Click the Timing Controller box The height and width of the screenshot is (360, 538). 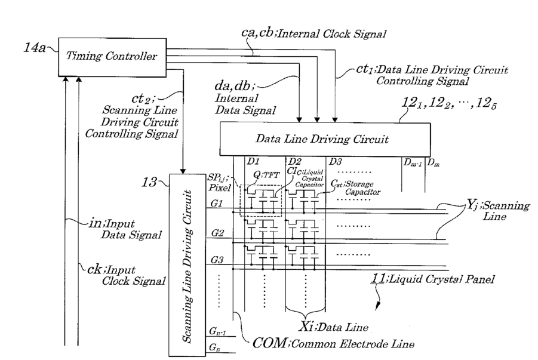coord(112,57)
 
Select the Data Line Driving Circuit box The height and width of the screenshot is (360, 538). coord(325,139)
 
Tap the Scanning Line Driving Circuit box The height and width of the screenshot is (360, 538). coord(187,265)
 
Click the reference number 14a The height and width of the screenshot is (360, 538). coord(34,47)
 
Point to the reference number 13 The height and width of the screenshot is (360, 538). coord(149,182)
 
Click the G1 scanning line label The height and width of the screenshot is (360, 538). coord(217,204)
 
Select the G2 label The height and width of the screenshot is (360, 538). coord(217,233)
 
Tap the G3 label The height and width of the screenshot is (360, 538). coord(217,260)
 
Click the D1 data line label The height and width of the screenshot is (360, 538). coord(253,161)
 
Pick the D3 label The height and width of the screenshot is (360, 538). coord(336,161)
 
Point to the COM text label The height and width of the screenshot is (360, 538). coord(270,343)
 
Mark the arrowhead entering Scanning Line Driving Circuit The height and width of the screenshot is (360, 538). coord(183,171)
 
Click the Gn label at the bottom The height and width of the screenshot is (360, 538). coord(215,348)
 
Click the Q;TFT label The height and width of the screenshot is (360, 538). coord(266,175)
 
